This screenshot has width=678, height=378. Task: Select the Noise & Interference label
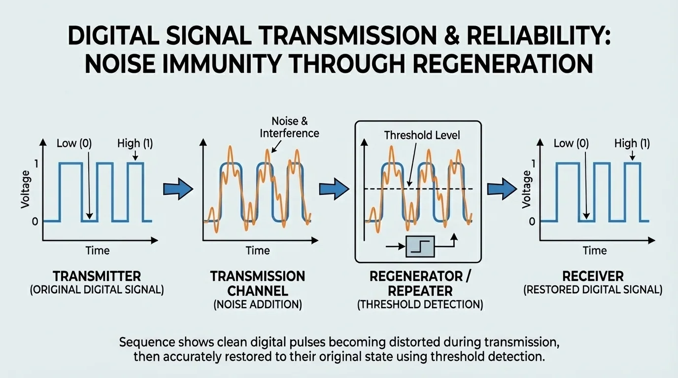tap(289, 126)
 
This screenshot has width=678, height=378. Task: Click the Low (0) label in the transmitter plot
tap(74, 143)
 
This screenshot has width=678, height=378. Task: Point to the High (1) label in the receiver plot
tap(632, 143)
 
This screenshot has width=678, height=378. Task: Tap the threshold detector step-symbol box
tap(420, 246)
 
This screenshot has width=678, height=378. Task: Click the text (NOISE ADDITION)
tap(258, 305)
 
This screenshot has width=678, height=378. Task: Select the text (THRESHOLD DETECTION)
tap(420, 305)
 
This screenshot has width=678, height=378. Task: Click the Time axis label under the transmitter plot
tap(98, 250)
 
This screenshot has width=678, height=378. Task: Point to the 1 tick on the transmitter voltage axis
tap(35, 163)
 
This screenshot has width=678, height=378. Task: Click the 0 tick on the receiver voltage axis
tap(532, 221)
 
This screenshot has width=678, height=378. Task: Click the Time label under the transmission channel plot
tap(258, 250)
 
